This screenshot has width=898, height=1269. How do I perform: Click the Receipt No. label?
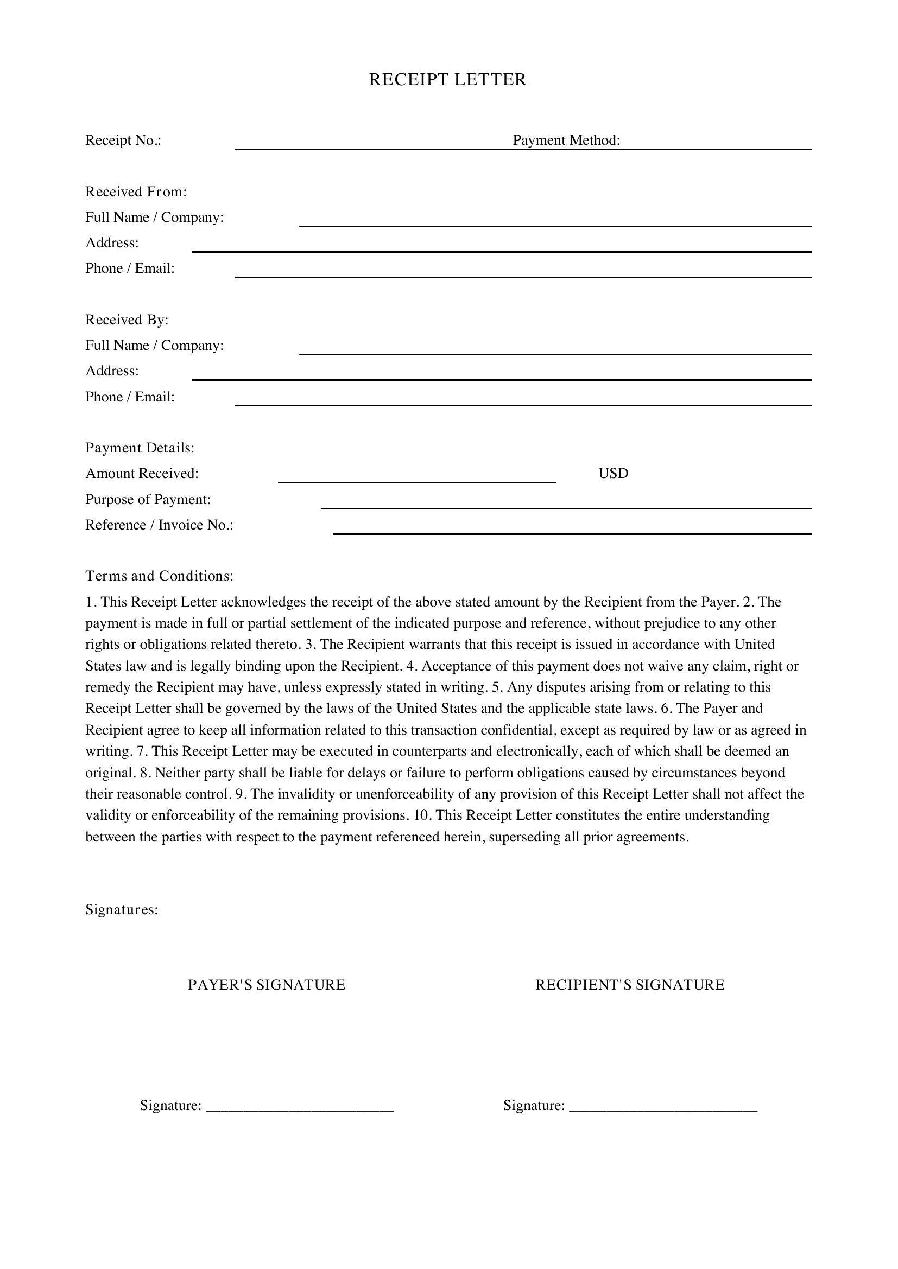coord(123,141)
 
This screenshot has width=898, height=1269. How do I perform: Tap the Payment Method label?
coord(566,141)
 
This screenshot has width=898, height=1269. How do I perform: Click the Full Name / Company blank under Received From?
coord(555,221)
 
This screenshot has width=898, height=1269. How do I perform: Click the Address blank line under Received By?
coord(502,375)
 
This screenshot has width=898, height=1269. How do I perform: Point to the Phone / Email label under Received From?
coord(130,269)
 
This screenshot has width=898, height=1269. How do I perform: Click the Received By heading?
coord(127,320)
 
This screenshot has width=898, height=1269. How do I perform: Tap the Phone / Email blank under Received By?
coord(523,400)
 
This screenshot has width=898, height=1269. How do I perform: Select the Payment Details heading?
coord(140,448)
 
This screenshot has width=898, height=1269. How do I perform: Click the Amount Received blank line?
coord(416,477)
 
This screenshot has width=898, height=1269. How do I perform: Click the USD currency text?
coord(613,474)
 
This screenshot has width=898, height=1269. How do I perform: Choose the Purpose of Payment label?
coord(148,500)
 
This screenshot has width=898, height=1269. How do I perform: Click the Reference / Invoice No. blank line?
coord(572,529)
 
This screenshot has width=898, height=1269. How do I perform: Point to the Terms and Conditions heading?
coord(159,576)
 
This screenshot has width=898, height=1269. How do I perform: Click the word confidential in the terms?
coord(517,730)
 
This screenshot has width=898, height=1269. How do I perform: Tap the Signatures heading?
coord(122,910)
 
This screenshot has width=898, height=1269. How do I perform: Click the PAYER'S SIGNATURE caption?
coord(267,985)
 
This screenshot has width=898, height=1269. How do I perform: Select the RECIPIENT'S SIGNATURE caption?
coord(630,985)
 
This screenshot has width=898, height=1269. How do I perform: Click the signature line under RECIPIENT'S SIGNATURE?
coord(663,1105)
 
